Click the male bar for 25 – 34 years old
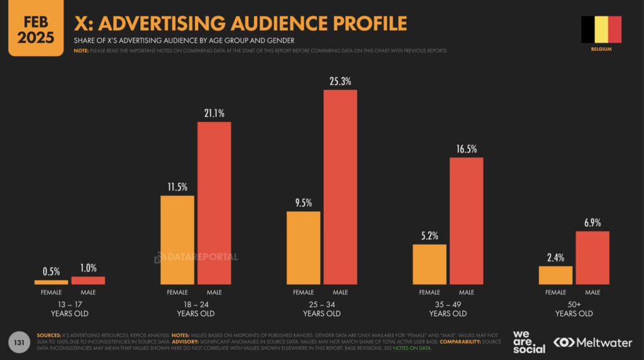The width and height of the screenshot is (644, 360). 340,187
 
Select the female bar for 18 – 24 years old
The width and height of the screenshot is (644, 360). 177,240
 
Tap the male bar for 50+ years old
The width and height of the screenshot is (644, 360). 592,258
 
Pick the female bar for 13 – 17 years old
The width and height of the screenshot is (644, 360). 51,282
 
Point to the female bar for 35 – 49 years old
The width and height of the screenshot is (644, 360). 430,264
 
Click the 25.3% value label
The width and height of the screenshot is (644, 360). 340,82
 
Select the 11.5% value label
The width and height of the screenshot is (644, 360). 177,187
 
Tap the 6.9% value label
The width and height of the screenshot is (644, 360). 592,223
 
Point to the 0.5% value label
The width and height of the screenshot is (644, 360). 51,271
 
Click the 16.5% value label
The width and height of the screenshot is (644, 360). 467,149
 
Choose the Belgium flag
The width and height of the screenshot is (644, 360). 601,30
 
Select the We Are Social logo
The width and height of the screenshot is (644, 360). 528,342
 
